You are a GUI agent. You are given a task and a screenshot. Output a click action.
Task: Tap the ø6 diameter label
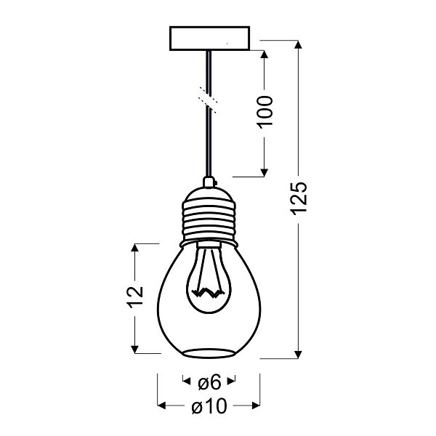[209, 381]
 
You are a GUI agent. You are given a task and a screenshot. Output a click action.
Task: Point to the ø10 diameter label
[209, 406]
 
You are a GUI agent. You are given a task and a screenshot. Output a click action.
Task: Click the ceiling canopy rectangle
[209, 39]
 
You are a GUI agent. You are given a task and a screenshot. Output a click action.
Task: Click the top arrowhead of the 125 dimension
[298, 45]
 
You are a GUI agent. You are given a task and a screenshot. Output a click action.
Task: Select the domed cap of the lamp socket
[209, 193]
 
